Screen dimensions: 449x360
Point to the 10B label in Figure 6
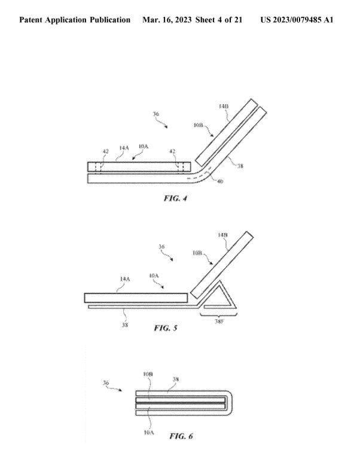(147, 373)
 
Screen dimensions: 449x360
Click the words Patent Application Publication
(75, 20)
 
